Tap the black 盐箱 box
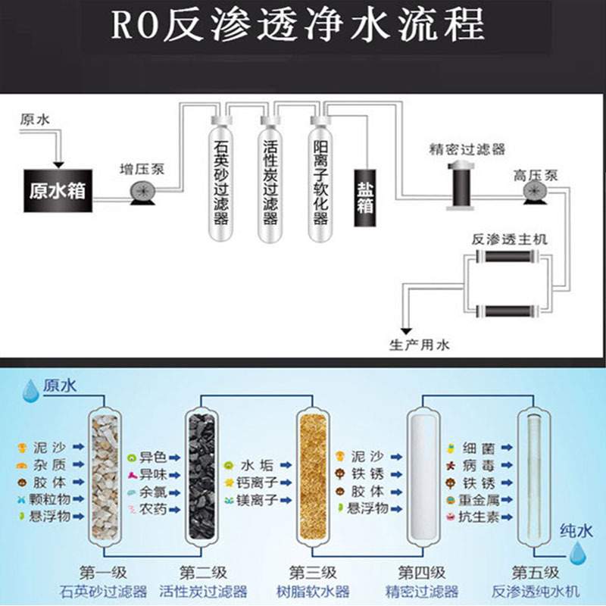point(366,196)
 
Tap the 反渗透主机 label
point(509,239)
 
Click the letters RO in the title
point(133,26)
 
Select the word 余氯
point(154,492)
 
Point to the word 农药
point(154,509)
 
